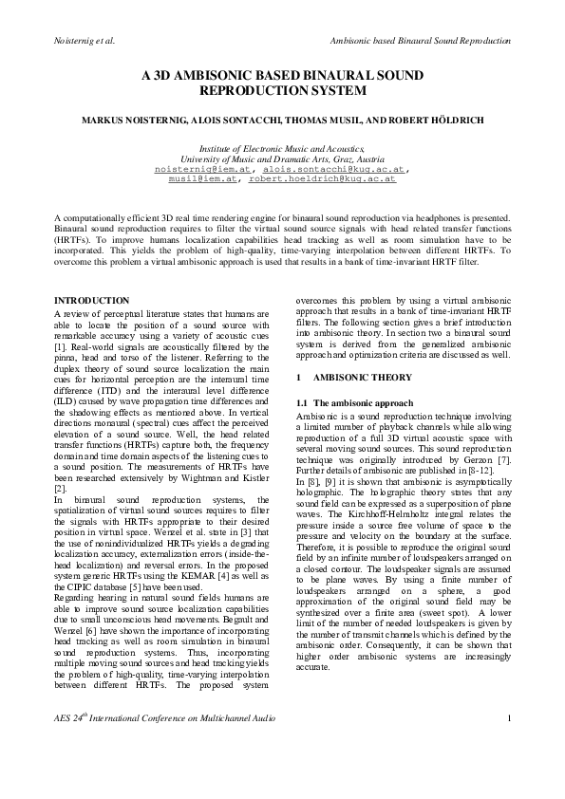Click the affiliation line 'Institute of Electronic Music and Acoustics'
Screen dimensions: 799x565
coord(281,149)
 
